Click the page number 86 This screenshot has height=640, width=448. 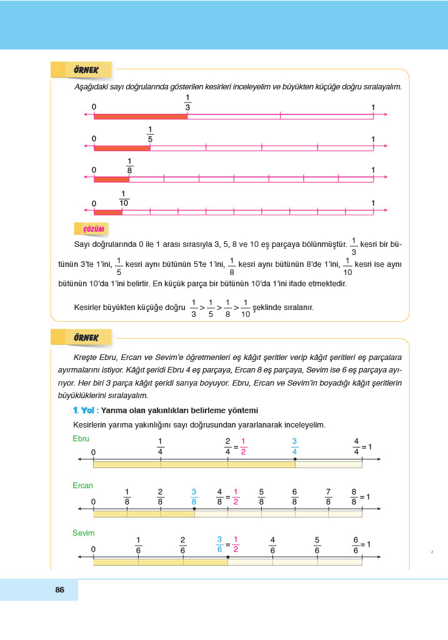click(60, 589)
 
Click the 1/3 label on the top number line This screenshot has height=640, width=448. click(187, 102)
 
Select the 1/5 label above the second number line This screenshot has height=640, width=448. click(150, 134)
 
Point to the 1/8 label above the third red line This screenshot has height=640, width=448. click(129, 165)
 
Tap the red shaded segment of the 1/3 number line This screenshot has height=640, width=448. click(141, 116)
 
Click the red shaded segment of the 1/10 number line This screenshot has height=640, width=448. click(108, 212)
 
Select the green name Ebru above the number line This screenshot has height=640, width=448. click(81, 439)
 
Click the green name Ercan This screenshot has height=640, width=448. click(82, 486)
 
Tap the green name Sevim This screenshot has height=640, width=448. click(83, 533)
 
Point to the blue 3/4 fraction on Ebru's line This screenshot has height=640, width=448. click(294, 446)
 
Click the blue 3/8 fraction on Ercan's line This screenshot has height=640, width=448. click(194, 496)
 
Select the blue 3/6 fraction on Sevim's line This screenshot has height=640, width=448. click(219, 544)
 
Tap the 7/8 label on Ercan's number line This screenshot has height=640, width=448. click(328, 496)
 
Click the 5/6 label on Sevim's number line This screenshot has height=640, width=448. click(317, 544)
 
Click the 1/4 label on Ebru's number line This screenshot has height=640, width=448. click(161, 446)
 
